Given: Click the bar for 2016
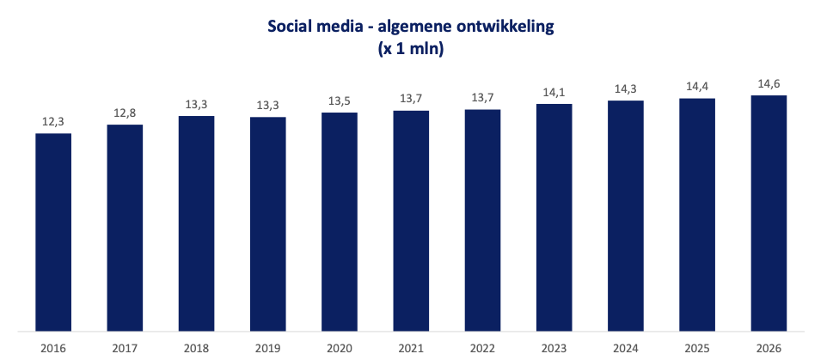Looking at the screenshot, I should click(x=53, y=232).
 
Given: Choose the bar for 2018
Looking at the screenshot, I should click(x=197, y=223).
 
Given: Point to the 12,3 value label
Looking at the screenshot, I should click(x=53, y=122).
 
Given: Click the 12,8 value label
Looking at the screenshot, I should click(x=126, y=113).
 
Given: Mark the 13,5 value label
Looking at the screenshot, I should click(x=340, y=101).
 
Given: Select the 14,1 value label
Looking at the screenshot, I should click(x=554, y=93).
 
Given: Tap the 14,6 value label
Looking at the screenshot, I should click(x=769, y=84).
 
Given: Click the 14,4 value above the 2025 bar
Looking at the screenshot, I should click(x=697, y=87).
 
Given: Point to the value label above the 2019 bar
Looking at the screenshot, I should click(x=268, y=105).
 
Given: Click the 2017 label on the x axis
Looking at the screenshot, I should click(x=126, y=349).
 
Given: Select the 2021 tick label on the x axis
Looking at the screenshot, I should click(x=411, y=349).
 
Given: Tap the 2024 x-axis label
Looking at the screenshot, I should click(x=626, y=349).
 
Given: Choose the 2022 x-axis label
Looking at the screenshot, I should click(x=482, y=349).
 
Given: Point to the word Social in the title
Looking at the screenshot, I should click(x=291, y=26).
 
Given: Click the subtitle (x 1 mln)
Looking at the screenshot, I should click(x=410, y=49).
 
